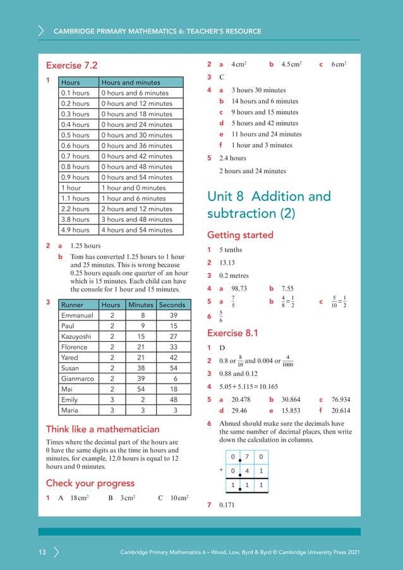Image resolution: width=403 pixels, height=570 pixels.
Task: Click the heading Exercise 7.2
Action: coord(72,65)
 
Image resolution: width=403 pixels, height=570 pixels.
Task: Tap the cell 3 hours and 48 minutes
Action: coord(136,220)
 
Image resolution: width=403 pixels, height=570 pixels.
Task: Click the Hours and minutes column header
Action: coord(130,82)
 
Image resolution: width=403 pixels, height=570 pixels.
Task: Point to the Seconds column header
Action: coord(172,305)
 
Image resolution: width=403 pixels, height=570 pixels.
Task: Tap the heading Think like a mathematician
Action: coord(102,430)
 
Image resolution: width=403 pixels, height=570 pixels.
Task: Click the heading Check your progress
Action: coord(90,483)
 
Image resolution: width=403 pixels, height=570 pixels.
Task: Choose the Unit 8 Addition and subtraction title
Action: coord(268,205)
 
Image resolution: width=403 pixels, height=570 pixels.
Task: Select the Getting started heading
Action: coord(240,235)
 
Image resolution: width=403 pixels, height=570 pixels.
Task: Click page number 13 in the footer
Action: coord(42,553)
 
